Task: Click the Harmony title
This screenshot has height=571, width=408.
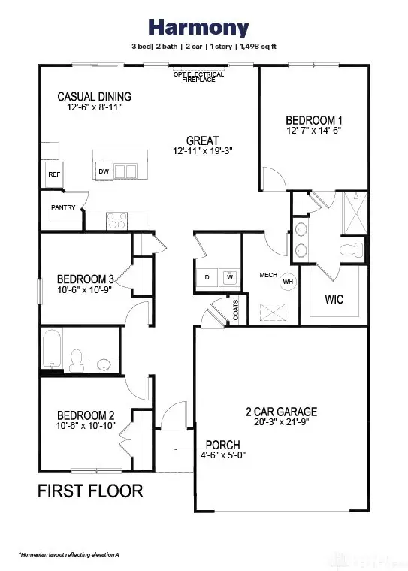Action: tap(199, 29)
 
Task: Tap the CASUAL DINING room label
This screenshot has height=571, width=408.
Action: tap(94, 97)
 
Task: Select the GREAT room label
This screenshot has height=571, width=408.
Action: tap(203, 140)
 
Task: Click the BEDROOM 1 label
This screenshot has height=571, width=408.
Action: tap(313, 120)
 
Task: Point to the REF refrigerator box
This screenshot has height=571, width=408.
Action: tap(54, 174)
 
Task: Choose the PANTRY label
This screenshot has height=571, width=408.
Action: tap(63, 207)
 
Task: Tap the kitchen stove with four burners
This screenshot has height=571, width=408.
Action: tap(116, 221)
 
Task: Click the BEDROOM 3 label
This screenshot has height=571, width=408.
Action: tap(84, 279)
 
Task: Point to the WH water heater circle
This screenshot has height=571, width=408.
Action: tap(288, 282)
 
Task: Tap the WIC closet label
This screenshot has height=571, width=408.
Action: tap(334, 299)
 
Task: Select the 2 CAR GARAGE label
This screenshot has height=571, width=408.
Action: tap(281, 412)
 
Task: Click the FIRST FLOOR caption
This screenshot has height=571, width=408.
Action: tap(90, 492)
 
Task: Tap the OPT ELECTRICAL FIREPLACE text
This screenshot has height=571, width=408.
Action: tap(194, 77)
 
